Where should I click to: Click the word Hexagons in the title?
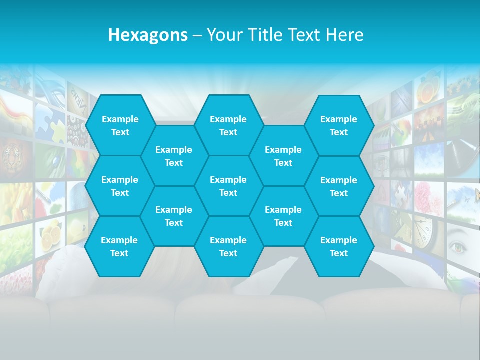tap(148, 35)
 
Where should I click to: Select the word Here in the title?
tap(344, 35)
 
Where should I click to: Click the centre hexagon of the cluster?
tap(228, 186)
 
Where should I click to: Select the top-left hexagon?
tap(120, 125)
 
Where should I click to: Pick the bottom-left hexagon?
tap(119, 246)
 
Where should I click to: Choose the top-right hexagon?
tap(339, 125)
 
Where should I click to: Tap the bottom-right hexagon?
tap(339, 246)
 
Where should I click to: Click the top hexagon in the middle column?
tap(228, 125)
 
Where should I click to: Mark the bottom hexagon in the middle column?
tap(228, 246)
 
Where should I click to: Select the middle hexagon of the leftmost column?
tap(120, 186)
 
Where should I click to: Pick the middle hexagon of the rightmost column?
tap(339, 186)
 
